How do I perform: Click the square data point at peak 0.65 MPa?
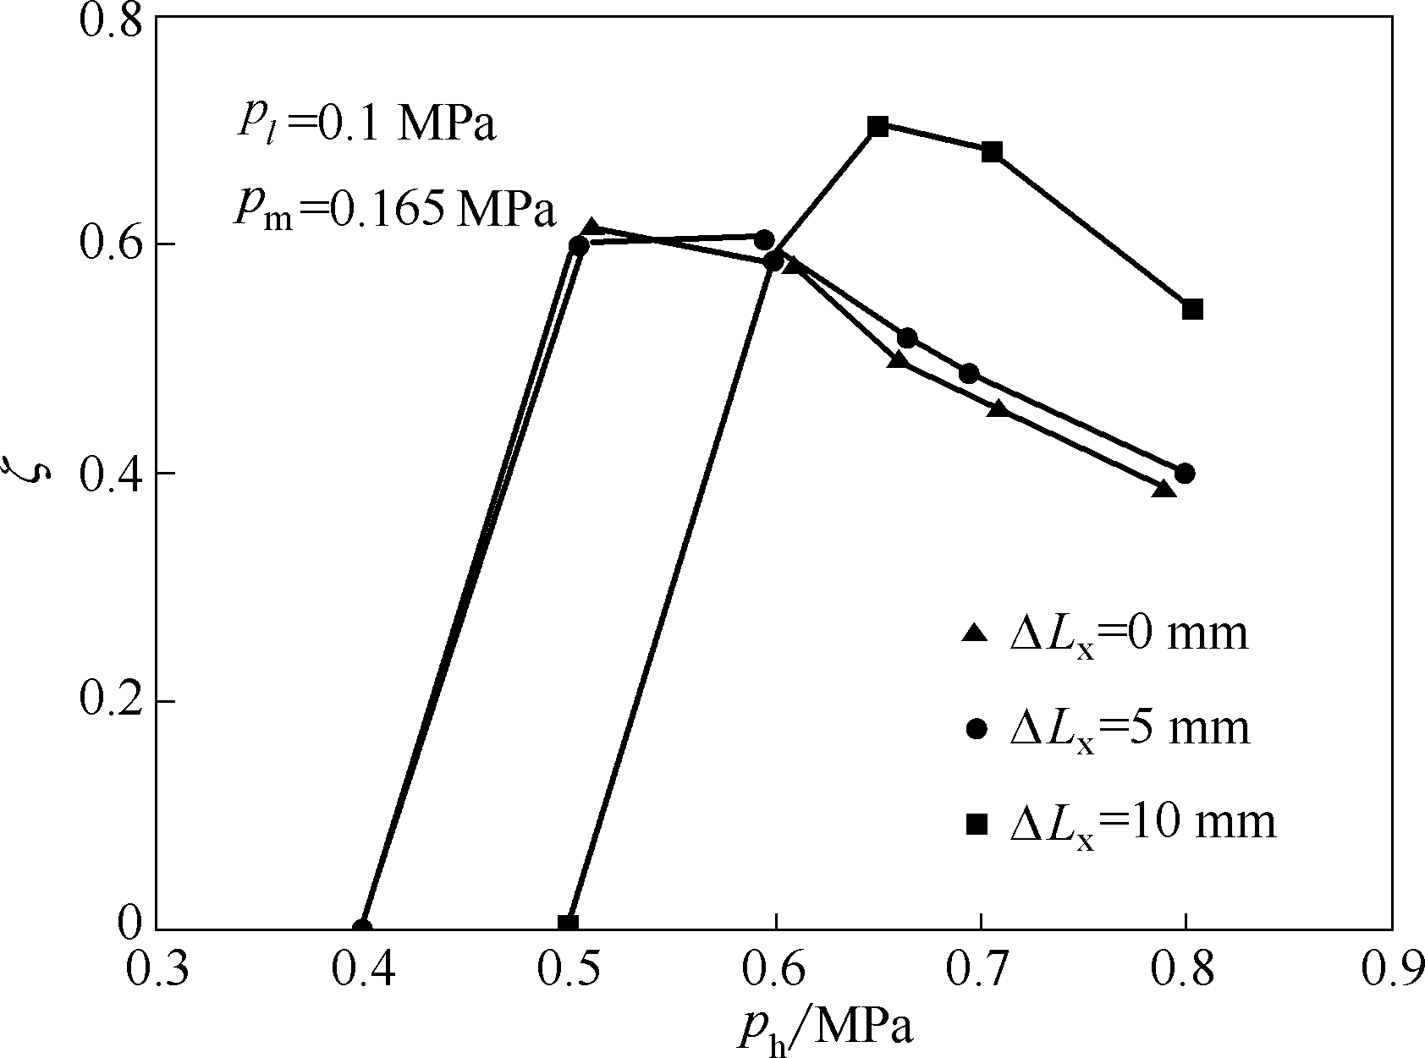(878, 127)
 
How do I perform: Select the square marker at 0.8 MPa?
(1192, 309)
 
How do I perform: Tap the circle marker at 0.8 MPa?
(1185, 473)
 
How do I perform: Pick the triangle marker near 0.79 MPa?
(1164, 490)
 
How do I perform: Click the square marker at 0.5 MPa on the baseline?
(568, 924)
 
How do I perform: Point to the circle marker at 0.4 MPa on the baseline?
(362, 927)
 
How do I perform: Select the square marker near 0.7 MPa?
(992, 152)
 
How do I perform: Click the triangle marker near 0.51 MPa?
(592, 228)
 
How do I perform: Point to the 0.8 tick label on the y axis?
(110, 19)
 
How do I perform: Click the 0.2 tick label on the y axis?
(110, 701)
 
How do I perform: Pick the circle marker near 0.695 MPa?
(969, 374)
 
